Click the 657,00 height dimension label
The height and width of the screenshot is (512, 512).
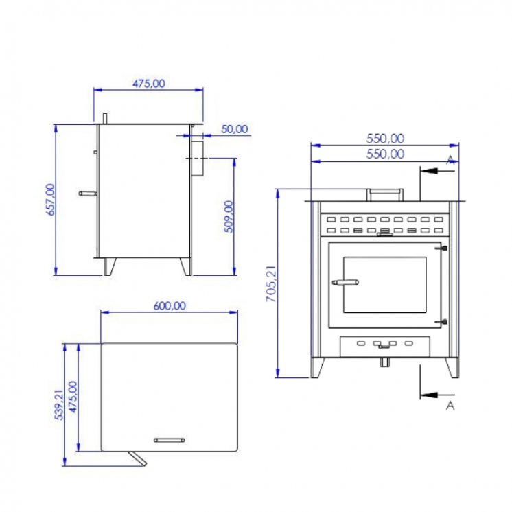click(x=49, y=200)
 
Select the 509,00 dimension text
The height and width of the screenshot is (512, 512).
click(x=229, y=216)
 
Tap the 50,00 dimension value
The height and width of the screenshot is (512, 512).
click(x=235, y=128)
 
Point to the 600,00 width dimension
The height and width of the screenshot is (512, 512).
click(x=169, y=306)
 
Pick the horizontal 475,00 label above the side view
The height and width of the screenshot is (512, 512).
click(x=148, y=84)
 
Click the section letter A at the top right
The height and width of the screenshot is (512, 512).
click(x=450, y=159)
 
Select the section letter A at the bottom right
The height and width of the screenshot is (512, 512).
click(x=450, y=406)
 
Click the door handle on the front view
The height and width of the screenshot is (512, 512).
click(x=345, y=281)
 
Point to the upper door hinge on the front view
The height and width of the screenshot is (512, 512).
click(x=444, y=248)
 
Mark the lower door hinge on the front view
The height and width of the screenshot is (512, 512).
click(x=444, y=321)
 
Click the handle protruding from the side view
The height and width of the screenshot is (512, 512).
click(x=88, y=194)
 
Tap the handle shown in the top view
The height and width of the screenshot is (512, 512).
click(x=169, y=439)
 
